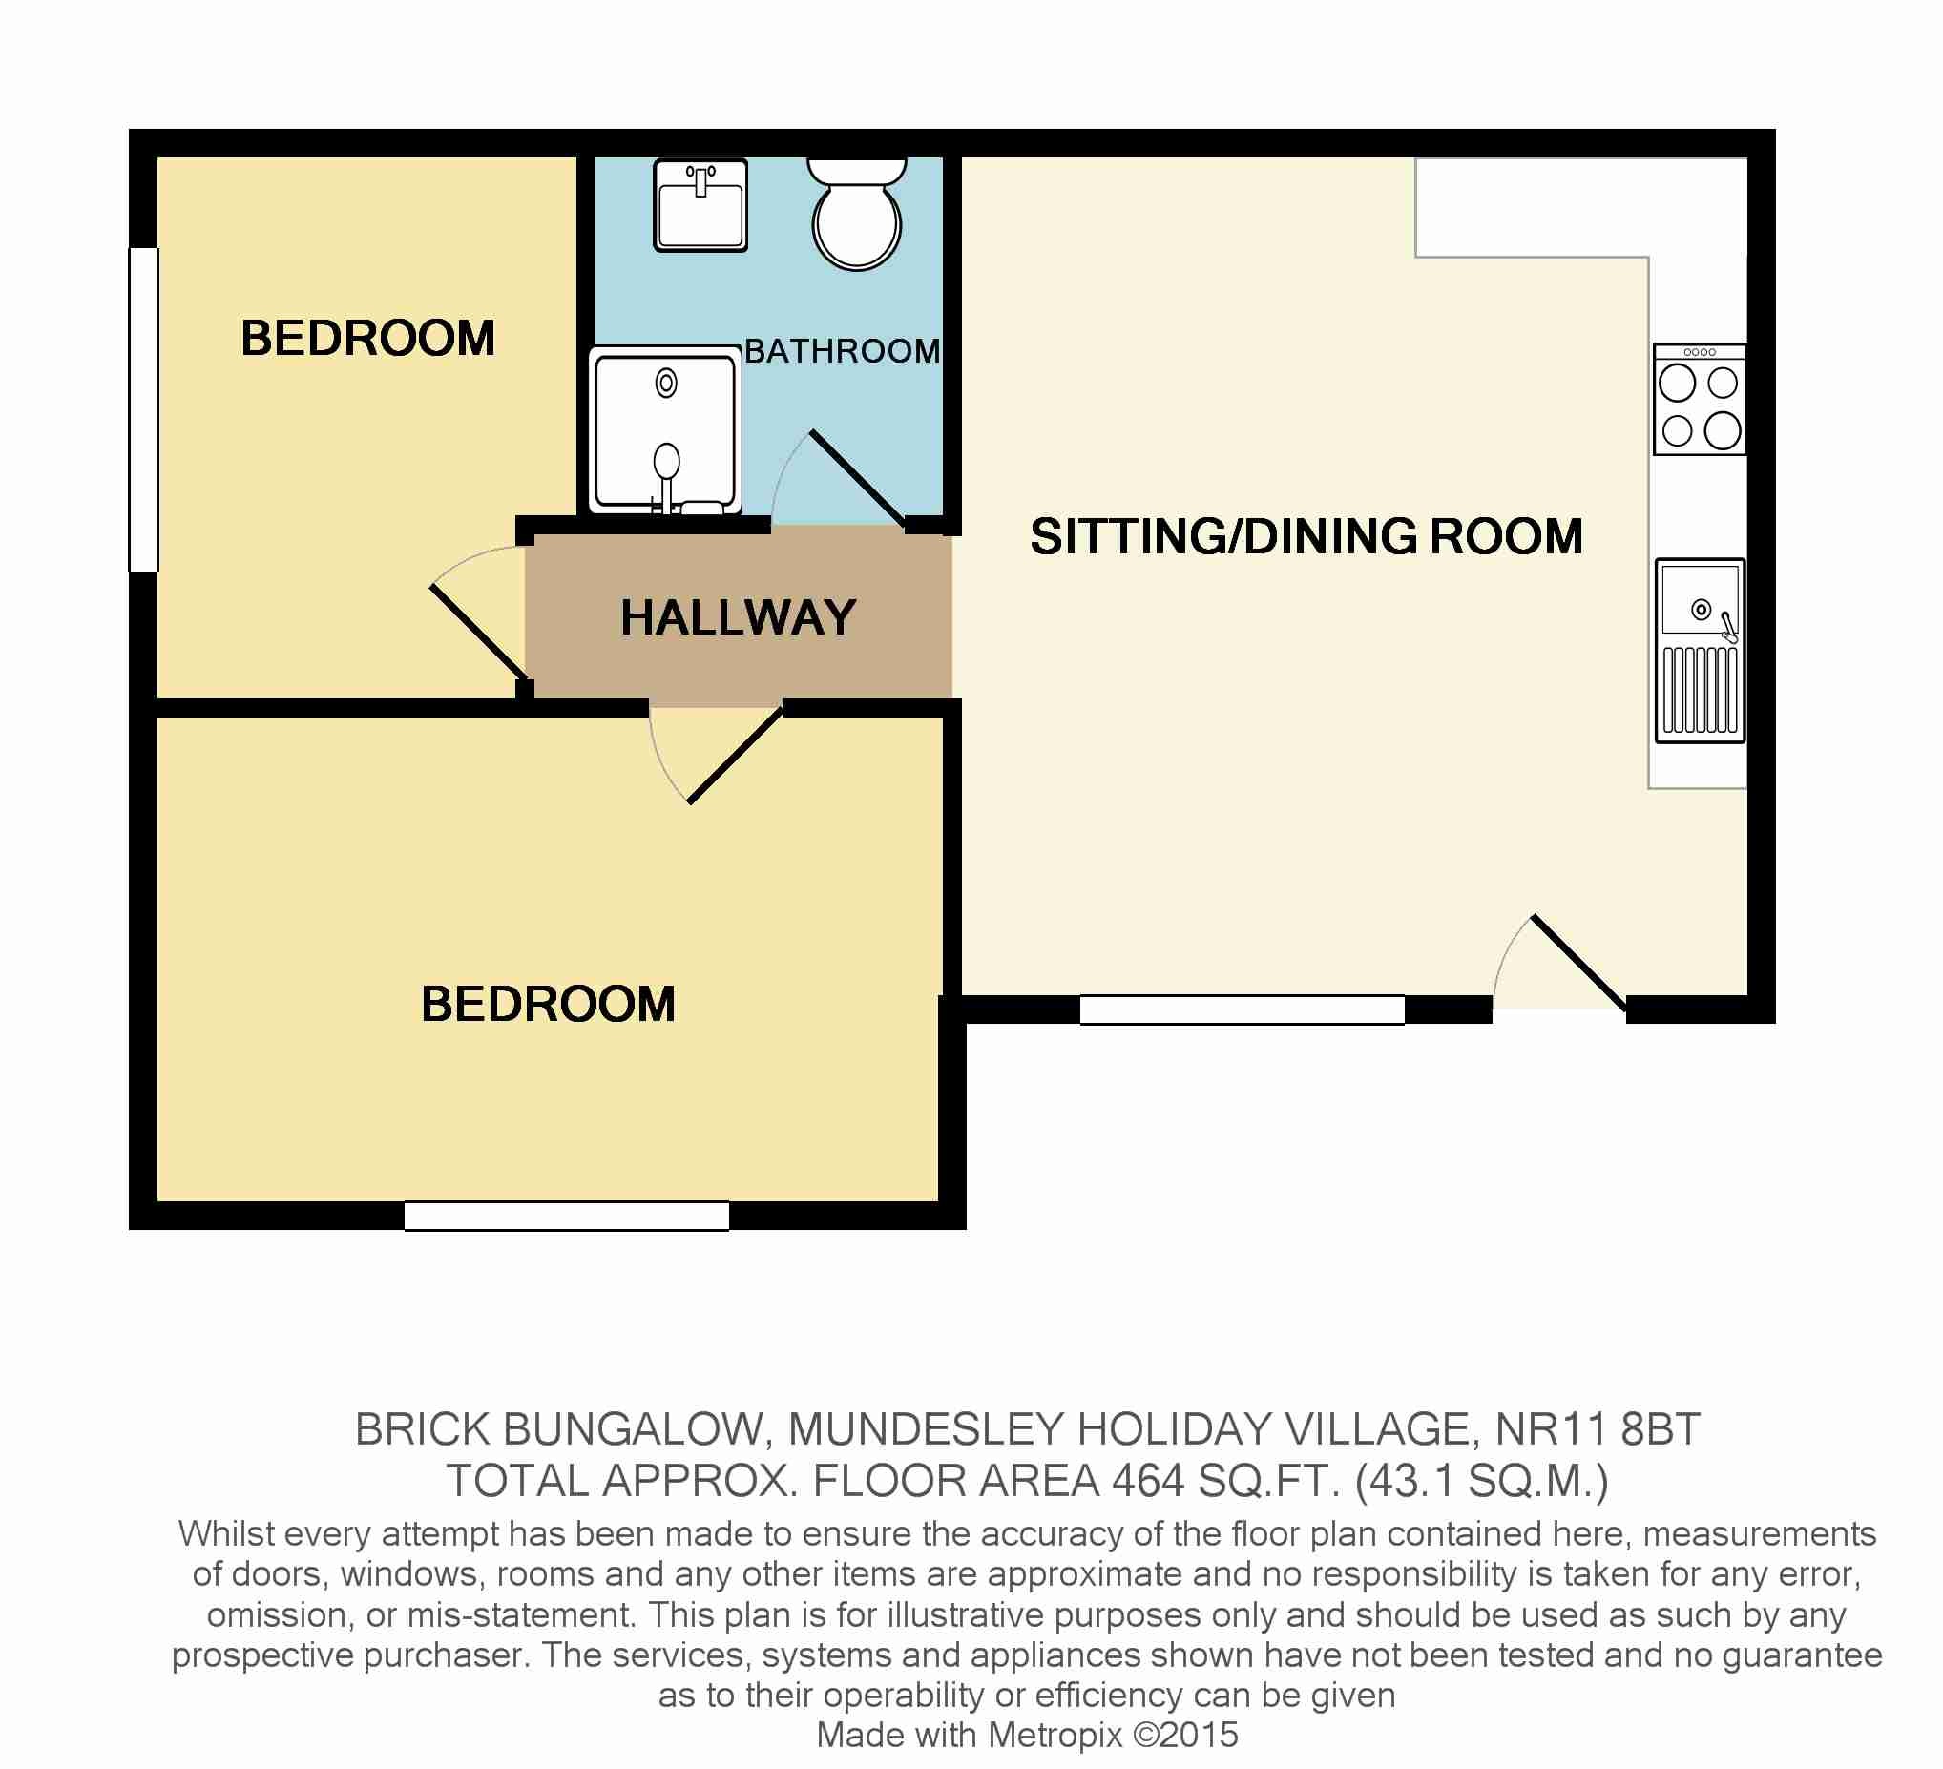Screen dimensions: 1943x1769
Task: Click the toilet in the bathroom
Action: click(857, 214)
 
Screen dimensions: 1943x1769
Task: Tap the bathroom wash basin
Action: click(700, 206)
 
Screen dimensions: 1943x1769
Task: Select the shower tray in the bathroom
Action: click(665, 429)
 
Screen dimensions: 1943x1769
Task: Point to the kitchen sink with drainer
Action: click(1701, 651)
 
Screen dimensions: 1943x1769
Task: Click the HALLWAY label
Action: click(739, 617)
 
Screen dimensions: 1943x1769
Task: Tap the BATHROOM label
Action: click(843, 351)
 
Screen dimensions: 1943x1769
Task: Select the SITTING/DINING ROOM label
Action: click(1306, 536)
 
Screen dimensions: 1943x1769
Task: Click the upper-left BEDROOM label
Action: click(368, 338)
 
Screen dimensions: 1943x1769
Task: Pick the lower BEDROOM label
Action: click(549, 1004)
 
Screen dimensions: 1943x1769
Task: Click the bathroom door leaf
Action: click(857, 479)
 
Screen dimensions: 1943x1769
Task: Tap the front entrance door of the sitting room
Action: click(1578, 964)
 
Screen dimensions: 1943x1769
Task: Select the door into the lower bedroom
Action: click(736, 756)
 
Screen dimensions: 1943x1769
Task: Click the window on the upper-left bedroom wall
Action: click(143, 410)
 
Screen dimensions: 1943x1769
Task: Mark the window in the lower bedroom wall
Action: click(567, 1216)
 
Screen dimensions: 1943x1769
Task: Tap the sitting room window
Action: click(1242, 1009)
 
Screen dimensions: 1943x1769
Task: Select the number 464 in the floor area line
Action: click(1148, 1482)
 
